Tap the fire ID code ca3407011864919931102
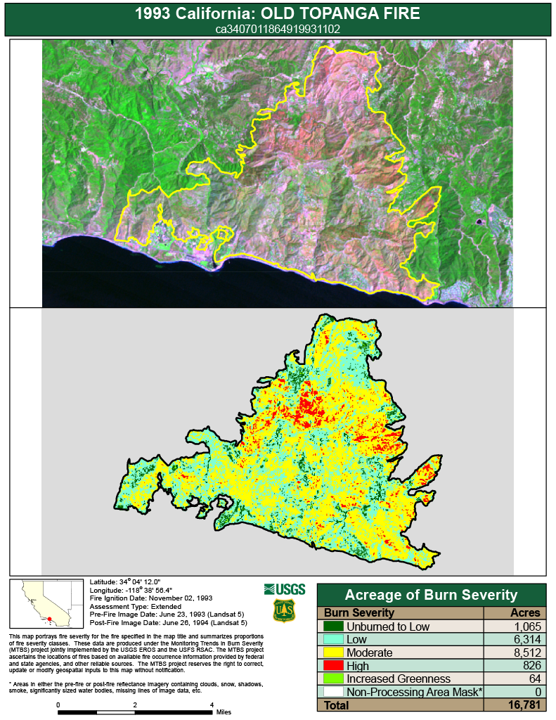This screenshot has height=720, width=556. (x=277, y=30)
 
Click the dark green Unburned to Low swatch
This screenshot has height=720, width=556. (x=333, y=626)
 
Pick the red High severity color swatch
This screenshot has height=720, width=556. (x=333, y=666)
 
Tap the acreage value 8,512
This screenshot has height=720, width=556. (x=523, y=653)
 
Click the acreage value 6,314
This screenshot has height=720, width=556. (x=523, y=640)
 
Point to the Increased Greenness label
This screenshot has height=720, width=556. (x=388, y=679)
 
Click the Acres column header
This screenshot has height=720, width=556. (x=524, y=613)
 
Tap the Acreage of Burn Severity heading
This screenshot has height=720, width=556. (x=431, y=595)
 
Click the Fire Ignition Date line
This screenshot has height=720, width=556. (x=151, y=598)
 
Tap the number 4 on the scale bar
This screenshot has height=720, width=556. (x=212, y=705)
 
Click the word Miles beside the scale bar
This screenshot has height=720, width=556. (x=224, y=712)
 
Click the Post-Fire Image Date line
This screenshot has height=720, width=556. (x=169, y=622)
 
